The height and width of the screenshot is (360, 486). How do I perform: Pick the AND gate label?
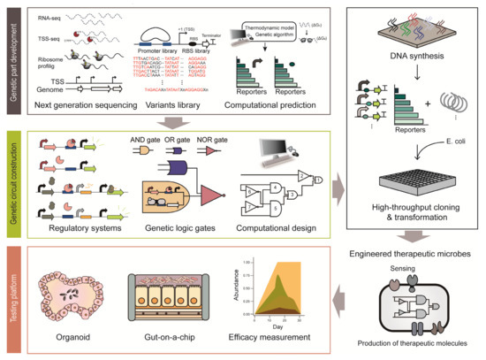click(x=169, y=140)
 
